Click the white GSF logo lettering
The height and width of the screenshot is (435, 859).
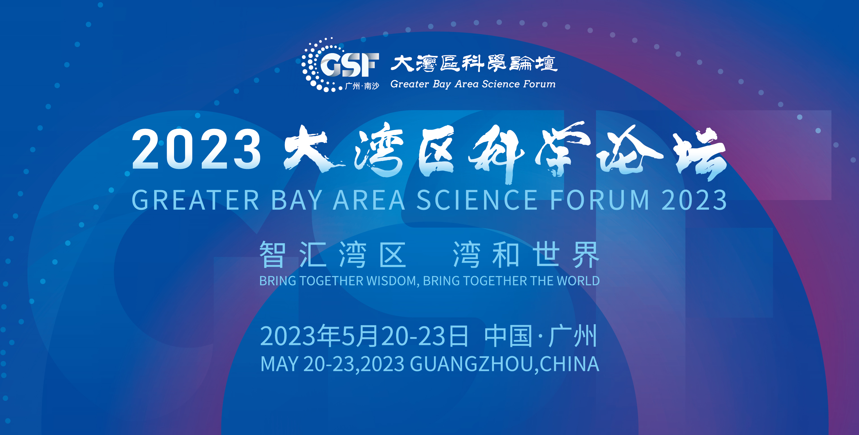click(350, 65)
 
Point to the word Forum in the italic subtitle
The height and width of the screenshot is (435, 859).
click(539, 84)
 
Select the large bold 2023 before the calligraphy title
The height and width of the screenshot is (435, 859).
click(196, 149)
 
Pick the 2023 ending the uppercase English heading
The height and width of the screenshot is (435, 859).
click(694, 200)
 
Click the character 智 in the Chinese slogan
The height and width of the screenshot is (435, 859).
click(273, 255)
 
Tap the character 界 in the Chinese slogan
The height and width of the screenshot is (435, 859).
click(585, 255)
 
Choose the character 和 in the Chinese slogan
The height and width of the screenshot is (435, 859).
click(506, 255)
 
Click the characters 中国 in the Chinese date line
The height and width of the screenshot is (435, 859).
click(508, 336)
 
